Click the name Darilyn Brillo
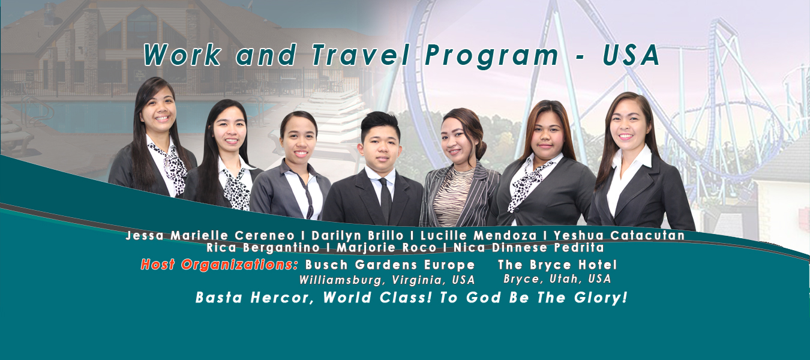coord(357,236)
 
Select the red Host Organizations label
coord(219,265)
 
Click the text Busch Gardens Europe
coord(390,265)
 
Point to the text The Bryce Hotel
coord(557,265)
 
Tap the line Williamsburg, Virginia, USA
coord(387,280)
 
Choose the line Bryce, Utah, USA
coord(557,279)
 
